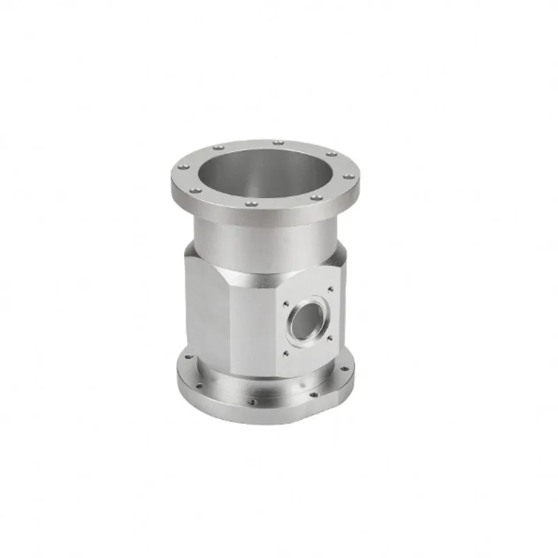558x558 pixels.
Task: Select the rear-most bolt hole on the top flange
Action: [x=278, y=142]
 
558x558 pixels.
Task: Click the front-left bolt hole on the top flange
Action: [x=197, y=190]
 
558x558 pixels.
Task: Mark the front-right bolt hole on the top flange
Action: [x=316, y=197]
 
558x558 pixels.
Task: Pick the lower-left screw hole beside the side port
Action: [x=285, y=354]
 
